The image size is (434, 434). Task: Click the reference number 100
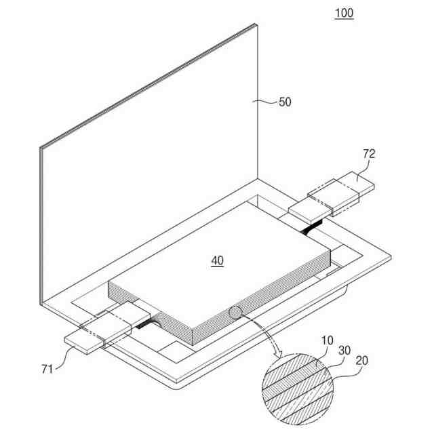[344, 13]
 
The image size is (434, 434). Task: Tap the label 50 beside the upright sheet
[285, 102]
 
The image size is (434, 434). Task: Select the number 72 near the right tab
[369, 154]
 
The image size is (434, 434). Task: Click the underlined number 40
[217, 260]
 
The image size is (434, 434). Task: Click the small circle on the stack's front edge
[236, 313]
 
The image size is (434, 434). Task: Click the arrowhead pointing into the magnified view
[277, 355]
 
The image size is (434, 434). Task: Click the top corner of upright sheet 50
[256, 24]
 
